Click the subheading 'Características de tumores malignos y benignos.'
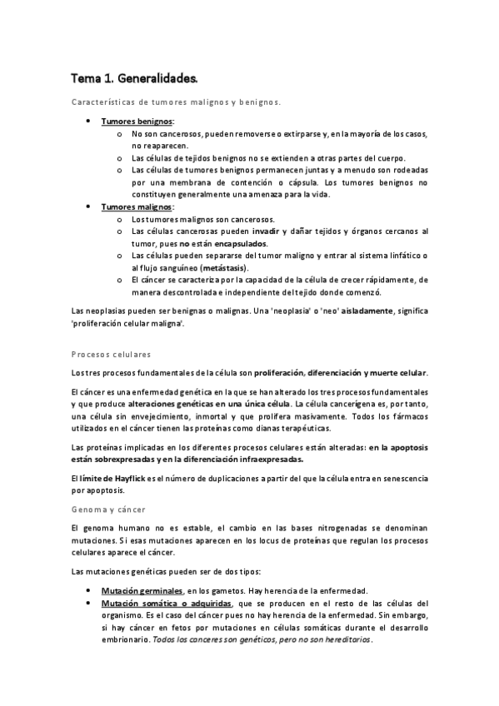(175, 102)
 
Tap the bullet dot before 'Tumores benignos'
(89, 122)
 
